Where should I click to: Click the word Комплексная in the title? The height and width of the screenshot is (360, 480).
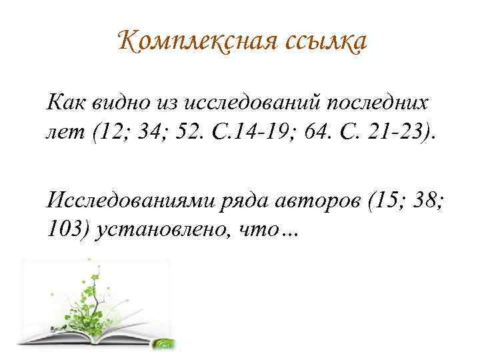198,41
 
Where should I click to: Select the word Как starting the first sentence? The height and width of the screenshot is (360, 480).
67,102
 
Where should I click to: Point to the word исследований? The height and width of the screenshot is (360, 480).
251,102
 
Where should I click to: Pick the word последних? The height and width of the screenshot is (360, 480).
377,103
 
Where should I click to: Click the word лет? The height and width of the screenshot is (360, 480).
65,133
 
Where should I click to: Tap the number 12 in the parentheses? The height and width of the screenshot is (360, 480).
109,132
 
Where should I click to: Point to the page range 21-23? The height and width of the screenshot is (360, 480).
397,132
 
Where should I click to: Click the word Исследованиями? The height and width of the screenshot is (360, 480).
131,201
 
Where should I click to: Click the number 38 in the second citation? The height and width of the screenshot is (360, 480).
425,200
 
